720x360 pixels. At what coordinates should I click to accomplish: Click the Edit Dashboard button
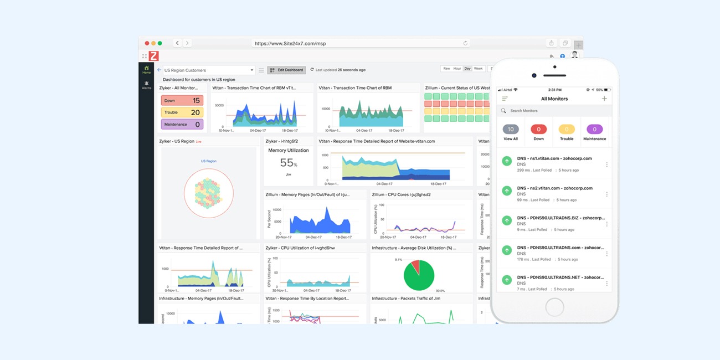(x=286, y=70)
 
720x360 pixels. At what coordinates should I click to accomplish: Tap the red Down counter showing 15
(x=182, y=101)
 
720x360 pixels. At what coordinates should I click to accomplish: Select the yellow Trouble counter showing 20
(x=182, y=112)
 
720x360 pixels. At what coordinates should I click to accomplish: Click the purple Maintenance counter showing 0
(x=182, y=125)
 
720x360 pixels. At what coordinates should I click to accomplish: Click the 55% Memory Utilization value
(x=288, y=163)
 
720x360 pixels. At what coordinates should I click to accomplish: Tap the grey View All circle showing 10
(x=511, y=129)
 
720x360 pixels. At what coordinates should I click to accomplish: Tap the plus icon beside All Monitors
(x=604, y=99)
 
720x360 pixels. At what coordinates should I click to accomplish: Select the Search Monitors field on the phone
(x=554, y=111)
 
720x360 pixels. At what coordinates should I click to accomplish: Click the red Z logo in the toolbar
(x=153, y=56)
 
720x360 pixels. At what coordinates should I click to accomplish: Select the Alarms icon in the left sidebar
(x=146, y=85)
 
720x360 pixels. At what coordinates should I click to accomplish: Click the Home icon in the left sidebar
(x=146, y=69)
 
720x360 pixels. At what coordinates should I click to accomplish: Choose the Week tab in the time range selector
(x=479, y=69)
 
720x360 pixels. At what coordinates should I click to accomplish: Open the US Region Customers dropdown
(x=209, y=70)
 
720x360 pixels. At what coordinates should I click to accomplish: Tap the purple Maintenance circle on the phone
(x=594, y=129)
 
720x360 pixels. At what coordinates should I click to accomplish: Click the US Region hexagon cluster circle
(x=208, y=193)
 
